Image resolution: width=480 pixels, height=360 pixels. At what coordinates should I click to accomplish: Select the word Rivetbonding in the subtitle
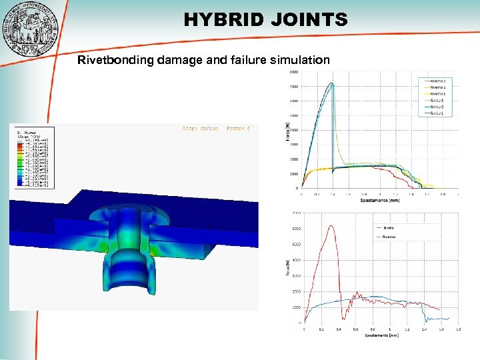click(116, 61)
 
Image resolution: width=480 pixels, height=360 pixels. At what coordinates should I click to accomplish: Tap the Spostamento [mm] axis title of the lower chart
click(381, 335)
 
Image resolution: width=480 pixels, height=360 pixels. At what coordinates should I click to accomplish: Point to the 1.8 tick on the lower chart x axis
click(457, 329)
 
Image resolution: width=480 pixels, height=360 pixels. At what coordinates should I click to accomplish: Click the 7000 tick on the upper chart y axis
click(294, 87)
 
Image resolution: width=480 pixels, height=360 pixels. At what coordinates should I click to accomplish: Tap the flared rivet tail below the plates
click(129, 273)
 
